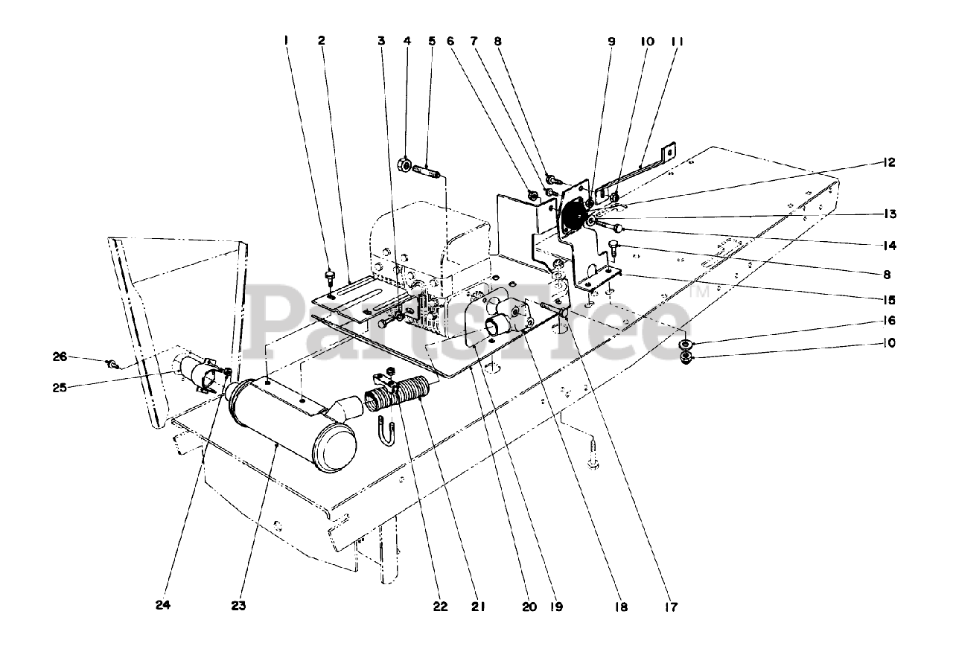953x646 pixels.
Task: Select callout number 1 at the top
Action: pos(286,42)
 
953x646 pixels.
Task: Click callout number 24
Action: pos(163,606)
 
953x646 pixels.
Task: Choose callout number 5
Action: pos(431,42)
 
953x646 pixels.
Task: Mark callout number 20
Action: pos(529,606)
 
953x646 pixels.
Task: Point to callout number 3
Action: pos(381,42)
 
